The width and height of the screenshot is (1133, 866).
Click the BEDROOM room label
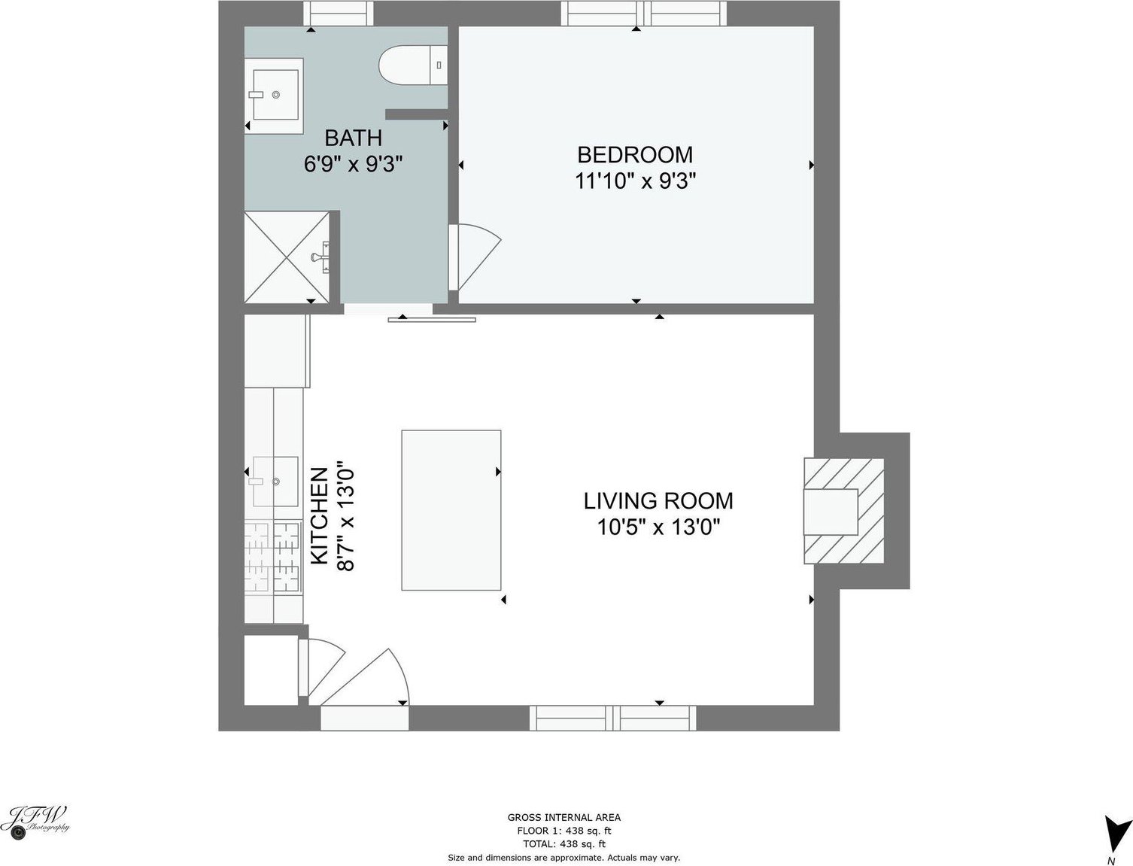pos(635,155)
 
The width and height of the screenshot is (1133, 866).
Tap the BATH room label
pos(353,138)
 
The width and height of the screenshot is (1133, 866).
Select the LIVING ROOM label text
pos(658,500)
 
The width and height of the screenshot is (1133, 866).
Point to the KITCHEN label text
pos(319,516)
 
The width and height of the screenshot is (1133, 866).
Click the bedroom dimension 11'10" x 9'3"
pos(636,181)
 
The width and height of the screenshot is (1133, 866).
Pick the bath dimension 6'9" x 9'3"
pos(353,165)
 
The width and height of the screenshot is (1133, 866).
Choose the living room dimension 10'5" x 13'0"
pos(658,527)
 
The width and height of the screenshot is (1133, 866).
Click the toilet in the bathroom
pos(413,65)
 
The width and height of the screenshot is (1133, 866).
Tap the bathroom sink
pos(274,96)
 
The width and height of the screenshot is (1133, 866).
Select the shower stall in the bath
pos(287,257)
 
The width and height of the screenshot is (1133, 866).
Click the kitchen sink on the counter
pos(275,481)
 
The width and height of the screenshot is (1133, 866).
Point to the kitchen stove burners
pos(274,557)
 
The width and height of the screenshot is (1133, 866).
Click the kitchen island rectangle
pos(451,510)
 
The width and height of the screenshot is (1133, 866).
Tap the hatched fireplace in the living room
pos(843,511)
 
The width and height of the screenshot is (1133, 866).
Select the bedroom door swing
pos(475,257)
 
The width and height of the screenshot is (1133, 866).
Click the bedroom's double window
pos(644,14)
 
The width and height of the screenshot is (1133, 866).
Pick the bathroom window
pos(338,14)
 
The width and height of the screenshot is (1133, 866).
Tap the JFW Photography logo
pos(35,823)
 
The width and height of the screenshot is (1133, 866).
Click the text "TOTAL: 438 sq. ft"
pos(563,844)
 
